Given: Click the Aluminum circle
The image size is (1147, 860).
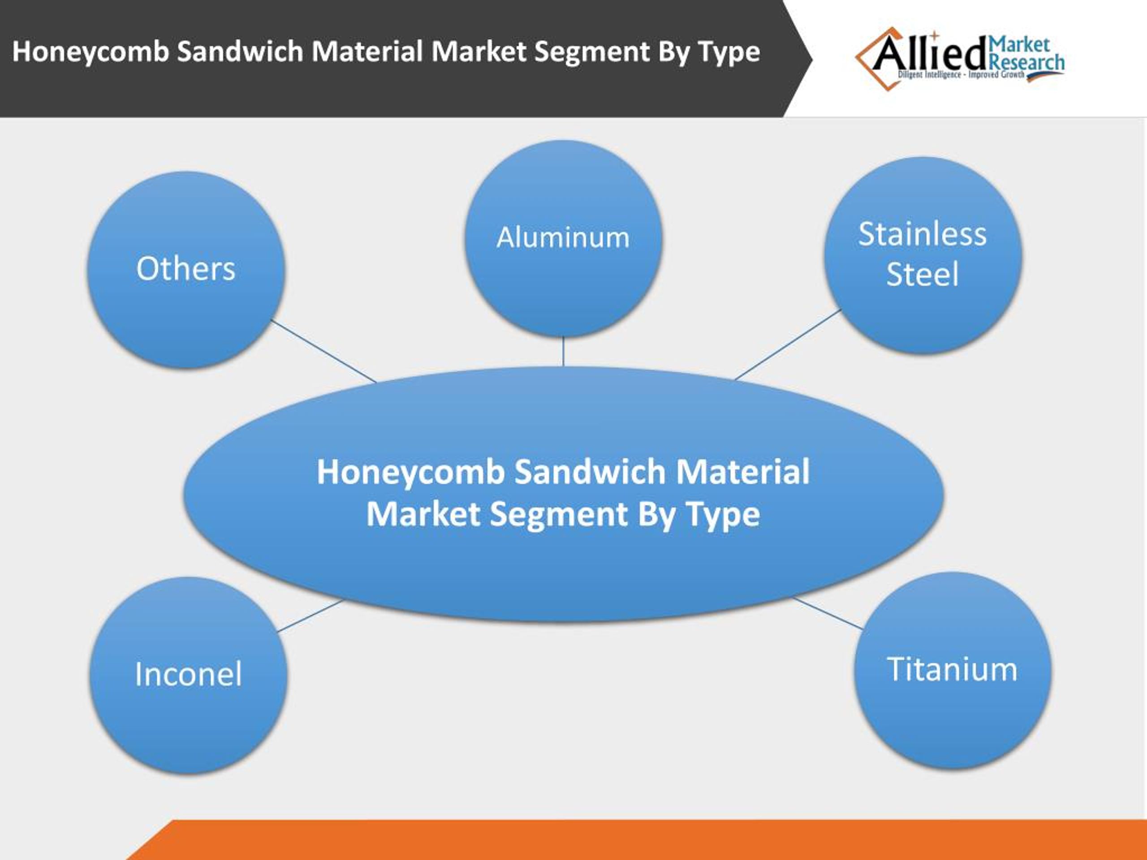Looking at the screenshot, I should pyautogui.click(x=563, y=238).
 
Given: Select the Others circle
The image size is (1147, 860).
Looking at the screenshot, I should pyautogui.click(x=185, y=270).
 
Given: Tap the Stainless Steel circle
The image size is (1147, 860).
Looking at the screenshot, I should pyautogui.click(x=923, y=255).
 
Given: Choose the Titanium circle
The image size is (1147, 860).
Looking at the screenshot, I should pyautogui.click(x=953, y=670).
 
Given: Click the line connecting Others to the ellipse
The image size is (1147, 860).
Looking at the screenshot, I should pyautogui.click(x=323, y=351).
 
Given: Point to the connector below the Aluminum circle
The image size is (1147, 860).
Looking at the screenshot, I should pyautogui.click(x=563, y=352).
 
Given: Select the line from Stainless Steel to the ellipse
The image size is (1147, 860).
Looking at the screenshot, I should pyautogui.click(x=788, y=345).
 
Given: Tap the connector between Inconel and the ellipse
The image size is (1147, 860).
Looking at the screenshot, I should pyautogui.click(x=310, y=616).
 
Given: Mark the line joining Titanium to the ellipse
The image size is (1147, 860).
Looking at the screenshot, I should pyautogui.click(x=828, y=613).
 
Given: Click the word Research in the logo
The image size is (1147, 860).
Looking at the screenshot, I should pyautogui.click(x=1027, y=63).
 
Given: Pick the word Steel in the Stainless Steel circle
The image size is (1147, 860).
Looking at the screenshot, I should pyautogui.click(x=923, y=274).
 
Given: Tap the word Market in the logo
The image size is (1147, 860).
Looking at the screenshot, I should pyautogui.click(x=1019, y=45).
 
